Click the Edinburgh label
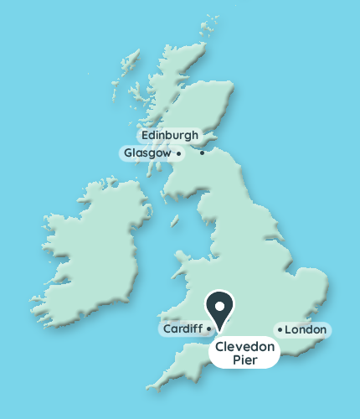[x=170, y=135]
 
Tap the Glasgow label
[x=147, y=153]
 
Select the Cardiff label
[x=182, y=329]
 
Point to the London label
[x=305, y=330]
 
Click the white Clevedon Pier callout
[x=244, y=353]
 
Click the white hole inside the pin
[x=220, y=303]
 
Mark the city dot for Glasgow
[x=178, y=153]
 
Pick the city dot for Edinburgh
[x=202, y=153]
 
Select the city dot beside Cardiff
[x=208, y=329]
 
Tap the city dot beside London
[x=280, y=329]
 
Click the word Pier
[x=244, y=360]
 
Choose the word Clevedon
[x=244, y=346]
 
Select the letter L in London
[x=289, y=330]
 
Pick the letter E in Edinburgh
[x=146, y=135]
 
